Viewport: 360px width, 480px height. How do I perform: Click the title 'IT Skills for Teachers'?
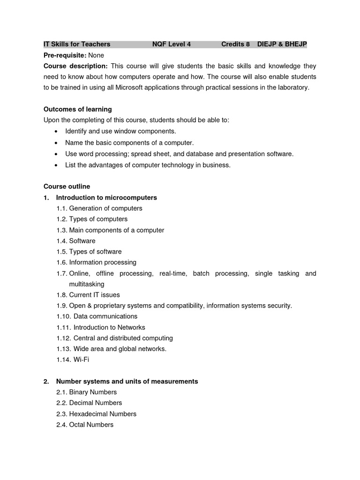[x=77, y=45]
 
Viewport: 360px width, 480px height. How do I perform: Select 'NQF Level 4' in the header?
[x=172, y=45]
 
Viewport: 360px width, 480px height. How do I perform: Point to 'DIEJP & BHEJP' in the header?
[x=282, y=45]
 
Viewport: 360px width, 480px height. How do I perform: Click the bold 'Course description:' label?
[x=75, y=66]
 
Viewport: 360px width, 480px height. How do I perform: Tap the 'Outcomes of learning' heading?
[x=77, y=109]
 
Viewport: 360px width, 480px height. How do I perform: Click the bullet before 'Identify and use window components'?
[x=57, y=132]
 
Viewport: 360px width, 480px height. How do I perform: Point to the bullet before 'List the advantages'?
[x=57, y=165]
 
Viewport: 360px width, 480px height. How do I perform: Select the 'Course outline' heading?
[x=67, y=187]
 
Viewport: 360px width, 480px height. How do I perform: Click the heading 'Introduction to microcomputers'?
[x=106, y=197]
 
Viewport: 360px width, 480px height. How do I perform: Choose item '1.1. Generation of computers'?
[x=99, y=208]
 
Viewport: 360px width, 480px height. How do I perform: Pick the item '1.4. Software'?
[x=76, y=241]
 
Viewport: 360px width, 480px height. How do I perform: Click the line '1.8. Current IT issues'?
[x=88, y=295]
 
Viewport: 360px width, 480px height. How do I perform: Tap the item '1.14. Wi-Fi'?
[x=73, y=360]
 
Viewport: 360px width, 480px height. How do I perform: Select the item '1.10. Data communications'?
[x=97, y=316]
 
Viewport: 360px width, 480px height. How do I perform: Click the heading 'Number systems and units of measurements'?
[x=127, y=382]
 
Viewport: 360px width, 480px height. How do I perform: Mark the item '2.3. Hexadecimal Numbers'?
[x=96, y=414]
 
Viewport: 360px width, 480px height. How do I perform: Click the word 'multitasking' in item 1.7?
[x=87, y=284]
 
